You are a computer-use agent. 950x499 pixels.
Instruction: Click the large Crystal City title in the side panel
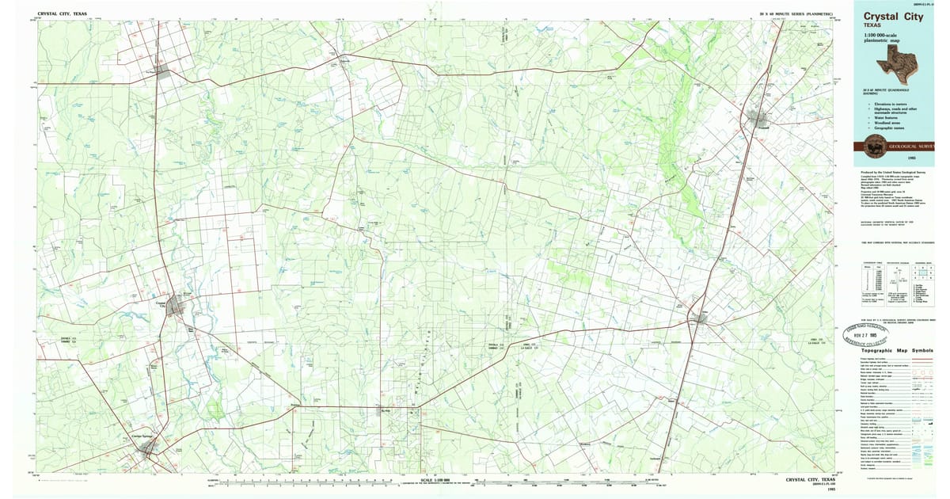coord(892,15)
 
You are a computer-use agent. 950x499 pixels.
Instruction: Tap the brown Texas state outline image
coord(903,59)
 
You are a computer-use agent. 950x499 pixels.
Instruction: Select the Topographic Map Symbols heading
coord(896,350)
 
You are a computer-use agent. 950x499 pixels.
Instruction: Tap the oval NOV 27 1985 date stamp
coord(868,333)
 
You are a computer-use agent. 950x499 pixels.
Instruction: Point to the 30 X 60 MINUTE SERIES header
coord(796,14)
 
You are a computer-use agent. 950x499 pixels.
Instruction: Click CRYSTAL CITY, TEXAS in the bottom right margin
coord(811,480)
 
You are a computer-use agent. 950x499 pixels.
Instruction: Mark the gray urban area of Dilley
coord(697,318)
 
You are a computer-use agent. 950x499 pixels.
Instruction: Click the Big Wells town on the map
coord(386,409)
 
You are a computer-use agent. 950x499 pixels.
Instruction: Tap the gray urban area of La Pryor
coord(163,72)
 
